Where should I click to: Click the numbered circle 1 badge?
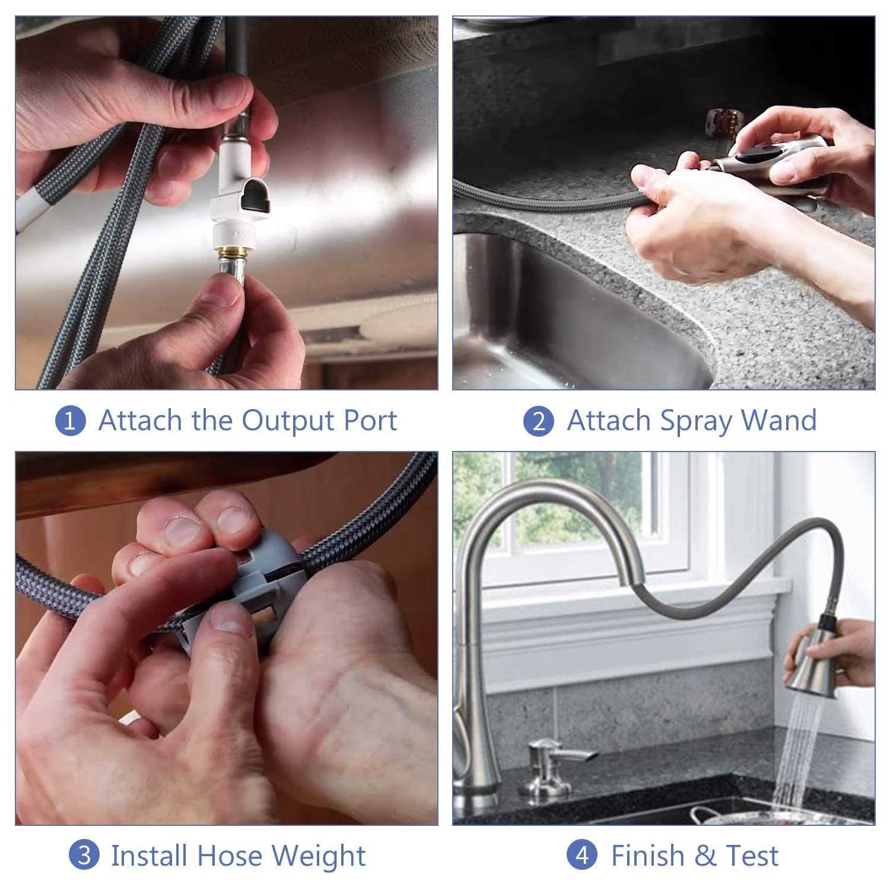[71, 421]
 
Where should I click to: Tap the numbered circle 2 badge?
[539, 421]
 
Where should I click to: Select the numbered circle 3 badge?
[84, 856]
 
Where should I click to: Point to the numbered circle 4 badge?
[583, 856]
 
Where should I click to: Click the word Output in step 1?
[288, 421]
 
